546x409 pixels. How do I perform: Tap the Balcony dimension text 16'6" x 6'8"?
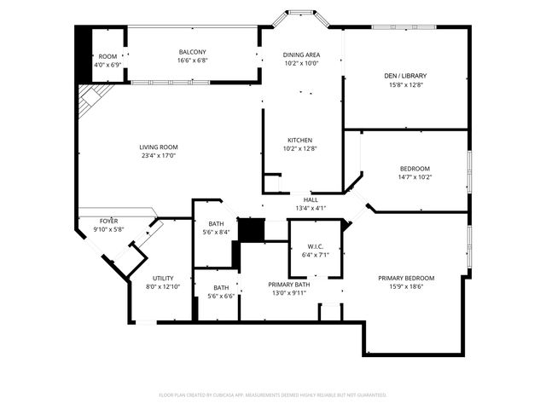click(192, 60)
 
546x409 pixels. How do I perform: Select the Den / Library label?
click(408, 76)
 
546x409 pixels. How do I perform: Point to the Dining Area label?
click(300, 55)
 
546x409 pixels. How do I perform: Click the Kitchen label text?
click(299, 140)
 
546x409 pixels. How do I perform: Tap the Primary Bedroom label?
click(407, 279)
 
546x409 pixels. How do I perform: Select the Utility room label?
click(163, 279)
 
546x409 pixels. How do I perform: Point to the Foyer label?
click(108, 221)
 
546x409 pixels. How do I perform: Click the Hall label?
click(311, 200)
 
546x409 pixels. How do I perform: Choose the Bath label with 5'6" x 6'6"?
click(221, 288)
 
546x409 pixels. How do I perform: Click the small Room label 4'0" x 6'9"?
click(107, 56)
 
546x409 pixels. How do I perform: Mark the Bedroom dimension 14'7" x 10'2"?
click(415, 177)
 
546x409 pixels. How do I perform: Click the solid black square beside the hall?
click(249, 230)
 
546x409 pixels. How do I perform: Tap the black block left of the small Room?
click(84, 53)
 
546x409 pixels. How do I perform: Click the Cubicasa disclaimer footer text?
click(273, 395)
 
